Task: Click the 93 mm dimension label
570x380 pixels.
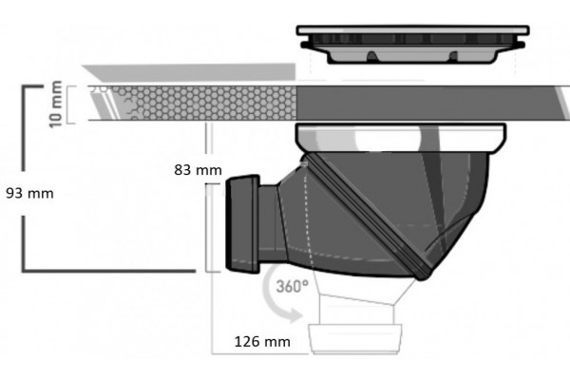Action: [x=29, y=193]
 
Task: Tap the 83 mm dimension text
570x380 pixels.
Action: [x=198, y=170]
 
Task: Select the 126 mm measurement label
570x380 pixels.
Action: [x=262, y=341]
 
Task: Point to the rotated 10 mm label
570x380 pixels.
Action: [x=56, y=104]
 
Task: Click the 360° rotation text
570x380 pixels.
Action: [x=293, y=286]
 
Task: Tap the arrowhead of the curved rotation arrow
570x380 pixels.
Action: [x=294, y=314]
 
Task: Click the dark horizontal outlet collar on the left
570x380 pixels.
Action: [x=243, y=223]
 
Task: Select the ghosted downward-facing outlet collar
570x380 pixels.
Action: [x=355, y=338]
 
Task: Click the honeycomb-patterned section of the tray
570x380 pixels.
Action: [x=203, y=104]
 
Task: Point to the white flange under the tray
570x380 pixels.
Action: [x=401, y=138]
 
